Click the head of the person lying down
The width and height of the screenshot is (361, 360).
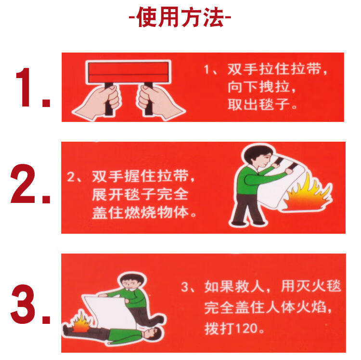(x=153, y=333)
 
